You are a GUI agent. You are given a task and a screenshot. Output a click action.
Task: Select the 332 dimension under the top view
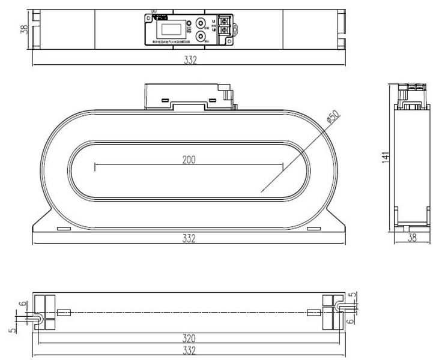(190, 61)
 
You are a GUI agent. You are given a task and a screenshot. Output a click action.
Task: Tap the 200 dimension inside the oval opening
(190, 160)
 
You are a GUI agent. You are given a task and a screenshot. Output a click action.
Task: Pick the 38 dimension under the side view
(413, 238)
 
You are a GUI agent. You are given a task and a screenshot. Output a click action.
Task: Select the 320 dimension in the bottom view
(190, 337)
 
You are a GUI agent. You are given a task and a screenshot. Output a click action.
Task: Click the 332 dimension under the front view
(190, 238)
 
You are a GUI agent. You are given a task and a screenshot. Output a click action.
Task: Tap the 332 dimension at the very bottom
(190, 350)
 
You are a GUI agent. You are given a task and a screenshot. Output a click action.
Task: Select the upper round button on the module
(201, 25)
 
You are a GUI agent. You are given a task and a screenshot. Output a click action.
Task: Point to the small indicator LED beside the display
(189, 25)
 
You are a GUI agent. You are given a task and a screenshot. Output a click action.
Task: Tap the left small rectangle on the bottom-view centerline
(65, 312)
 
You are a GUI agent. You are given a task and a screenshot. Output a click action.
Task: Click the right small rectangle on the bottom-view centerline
(314, 312)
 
